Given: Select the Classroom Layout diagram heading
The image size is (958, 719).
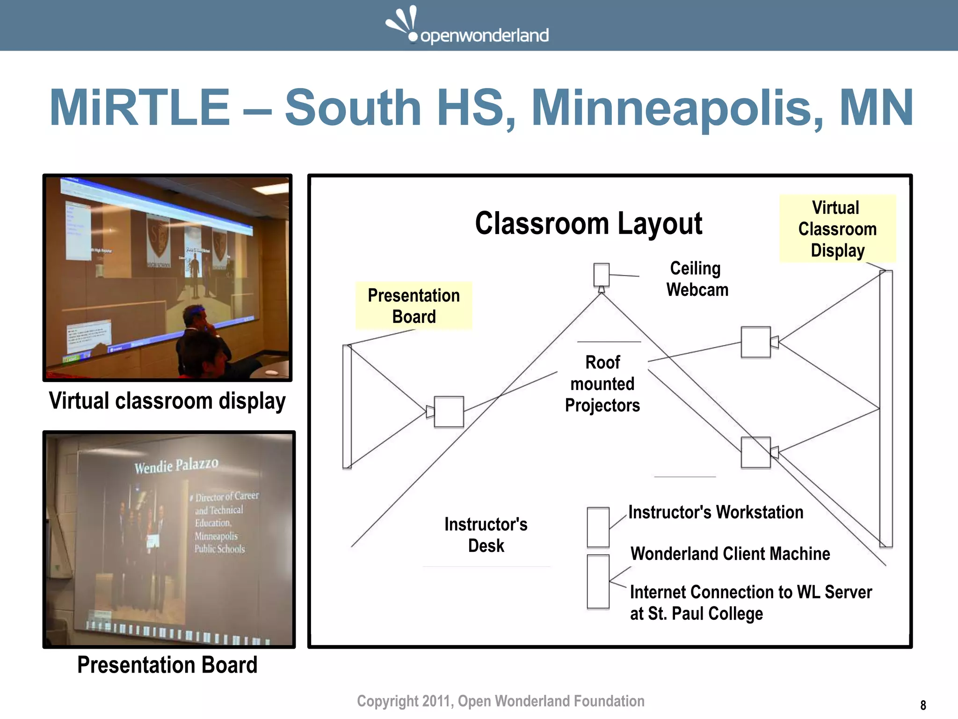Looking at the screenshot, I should coord(588,223).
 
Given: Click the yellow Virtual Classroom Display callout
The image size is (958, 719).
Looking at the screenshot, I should coord(837,229).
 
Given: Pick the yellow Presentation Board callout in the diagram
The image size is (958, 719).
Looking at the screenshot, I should coord(414,306).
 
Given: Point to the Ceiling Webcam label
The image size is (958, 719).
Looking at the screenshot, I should coord(697,279).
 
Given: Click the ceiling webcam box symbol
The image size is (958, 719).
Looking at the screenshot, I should coord(601,275).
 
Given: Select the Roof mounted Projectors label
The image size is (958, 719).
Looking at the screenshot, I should coord(602,384).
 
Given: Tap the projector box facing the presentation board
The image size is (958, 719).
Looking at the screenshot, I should coord(449,412).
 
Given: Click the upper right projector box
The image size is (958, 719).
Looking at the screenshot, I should coord(755,342).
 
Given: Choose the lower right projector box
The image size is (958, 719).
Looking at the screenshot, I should coord(755,453).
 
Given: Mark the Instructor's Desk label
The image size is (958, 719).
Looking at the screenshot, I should coord(486,535).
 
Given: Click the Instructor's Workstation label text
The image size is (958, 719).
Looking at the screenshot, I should coord(716,512).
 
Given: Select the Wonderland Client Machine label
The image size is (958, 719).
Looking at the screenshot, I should coord(730,554).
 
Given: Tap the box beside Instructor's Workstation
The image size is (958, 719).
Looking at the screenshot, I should coord(598,527).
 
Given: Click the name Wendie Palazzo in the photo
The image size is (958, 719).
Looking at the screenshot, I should coord(176,466).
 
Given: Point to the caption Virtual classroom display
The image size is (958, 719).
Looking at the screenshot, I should coord(167,401).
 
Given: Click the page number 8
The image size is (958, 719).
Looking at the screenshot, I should coord(923,705).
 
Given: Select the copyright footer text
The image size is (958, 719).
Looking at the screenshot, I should coord(501,701).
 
